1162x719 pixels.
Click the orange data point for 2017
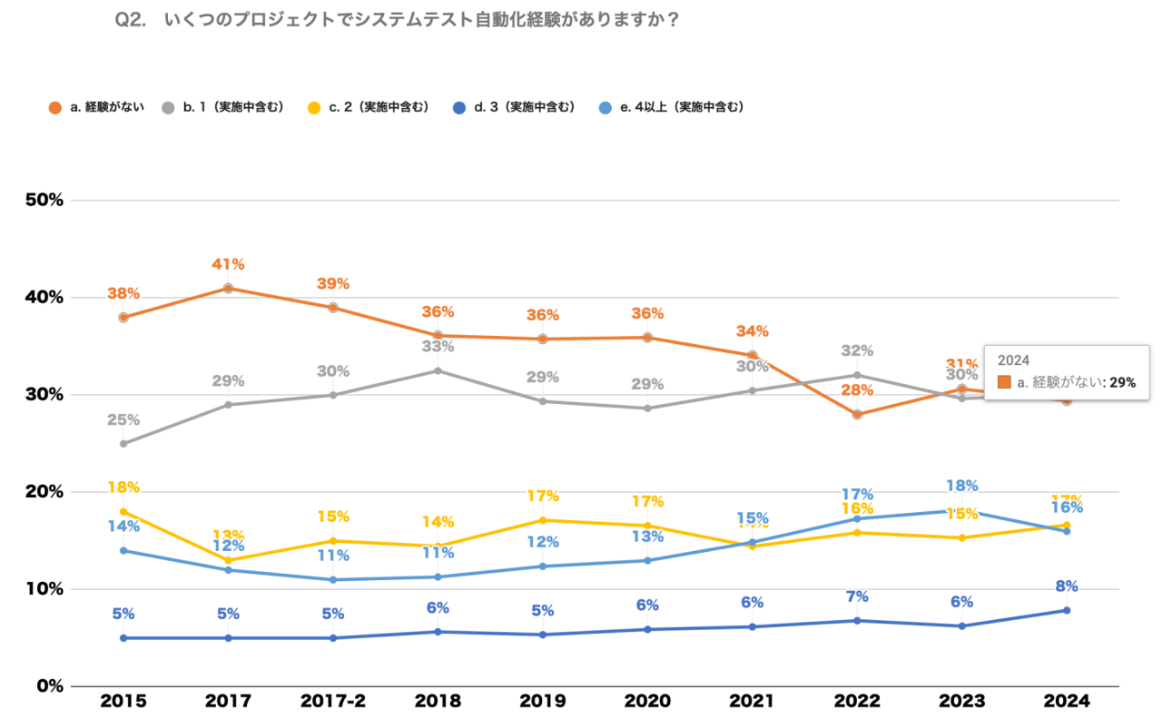point(228,289)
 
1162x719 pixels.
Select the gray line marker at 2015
point(123,444)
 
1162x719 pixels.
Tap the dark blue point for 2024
point(1067,610)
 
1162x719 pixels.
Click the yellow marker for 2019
point(543,520)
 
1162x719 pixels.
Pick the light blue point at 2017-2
point(333,580)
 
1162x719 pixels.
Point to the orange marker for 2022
point(857,414)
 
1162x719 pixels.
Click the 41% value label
point(228,264)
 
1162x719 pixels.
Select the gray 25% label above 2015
point(123,419)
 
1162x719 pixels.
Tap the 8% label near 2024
point(1067,586)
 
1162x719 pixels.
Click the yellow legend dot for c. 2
point(314,107)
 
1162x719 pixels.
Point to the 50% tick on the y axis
point(42,200)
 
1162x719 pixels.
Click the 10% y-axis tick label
point(42,588)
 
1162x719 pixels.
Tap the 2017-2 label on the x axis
point(333,701)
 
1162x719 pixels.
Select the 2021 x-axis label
point(752,701)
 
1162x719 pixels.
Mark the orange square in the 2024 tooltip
point(1004,382)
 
